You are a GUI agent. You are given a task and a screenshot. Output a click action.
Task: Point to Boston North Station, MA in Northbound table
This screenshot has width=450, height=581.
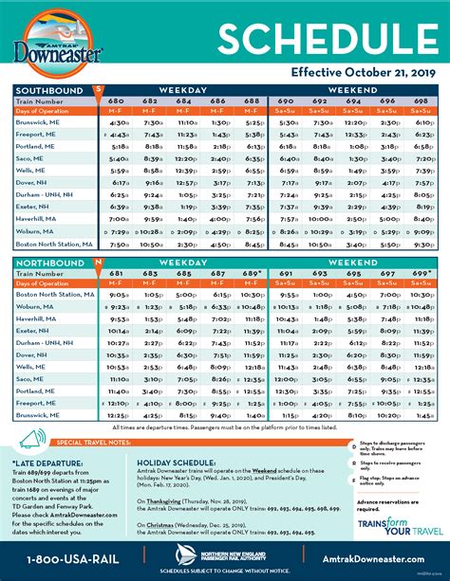tap(52, 294)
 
